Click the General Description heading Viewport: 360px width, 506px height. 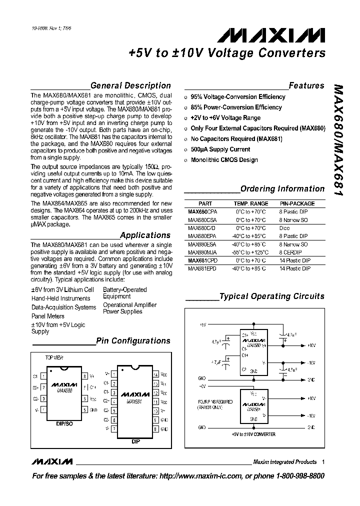[x=130, y=85]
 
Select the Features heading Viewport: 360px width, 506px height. [x=306, y=85]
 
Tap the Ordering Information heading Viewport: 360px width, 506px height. [x=282, y=188]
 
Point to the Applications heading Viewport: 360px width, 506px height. [x=145, y=235]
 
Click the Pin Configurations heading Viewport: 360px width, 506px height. [x=133, y=341]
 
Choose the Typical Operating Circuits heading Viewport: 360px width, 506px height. [x=272, y=296]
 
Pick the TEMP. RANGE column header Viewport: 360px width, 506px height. [x=251, y=203]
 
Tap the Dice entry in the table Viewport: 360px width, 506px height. [x=284, y=228]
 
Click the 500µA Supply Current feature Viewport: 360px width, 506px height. [x=220, y=149]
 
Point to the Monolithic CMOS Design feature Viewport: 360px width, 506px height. [x=224, y=160]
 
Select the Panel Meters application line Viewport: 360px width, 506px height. [x=48, y=316]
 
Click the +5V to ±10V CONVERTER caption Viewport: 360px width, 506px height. [x=253, y=434]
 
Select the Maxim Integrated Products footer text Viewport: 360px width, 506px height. [x=284, y=462]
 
